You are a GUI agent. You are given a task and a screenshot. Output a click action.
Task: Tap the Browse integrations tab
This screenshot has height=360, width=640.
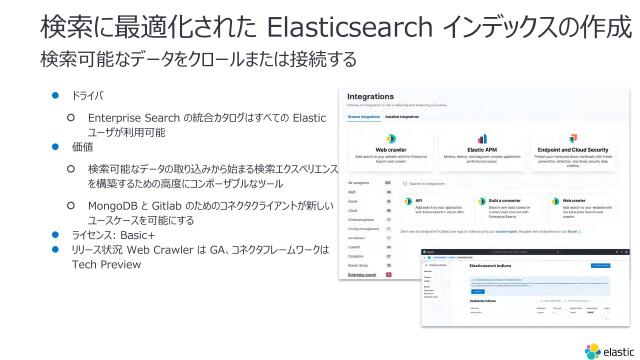tap(363, 117)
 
